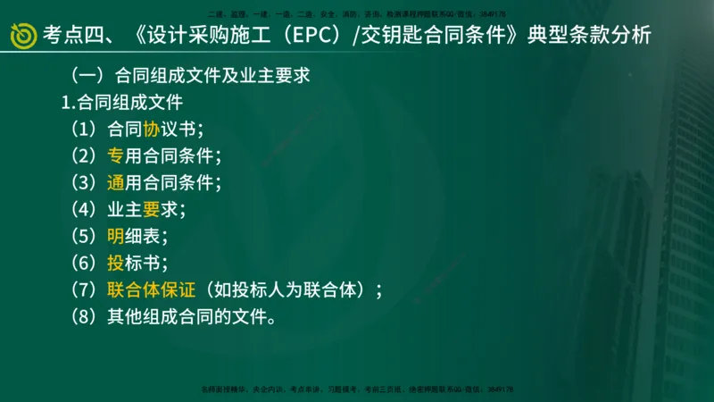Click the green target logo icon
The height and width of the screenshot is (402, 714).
point(22,36)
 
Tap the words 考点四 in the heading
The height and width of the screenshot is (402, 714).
point(73,36)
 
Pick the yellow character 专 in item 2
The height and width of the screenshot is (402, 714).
point(115,155)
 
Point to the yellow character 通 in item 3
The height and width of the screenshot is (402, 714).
point(115,182)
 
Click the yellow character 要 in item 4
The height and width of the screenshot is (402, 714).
point(150,210)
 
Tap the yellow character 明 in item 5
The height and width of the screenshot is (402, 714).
point(115,237)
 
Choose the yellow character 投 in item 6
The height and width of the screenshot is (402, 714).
point(115,264)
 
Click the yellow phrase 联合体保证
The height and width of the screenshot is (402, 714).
point(150,290)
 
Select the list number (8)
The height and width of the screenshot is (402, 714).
point(86,317)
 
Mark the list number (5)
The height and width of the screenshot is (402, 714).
point(86,237)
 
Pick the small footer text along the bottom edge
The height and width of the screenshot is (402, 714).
point(357,389)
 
